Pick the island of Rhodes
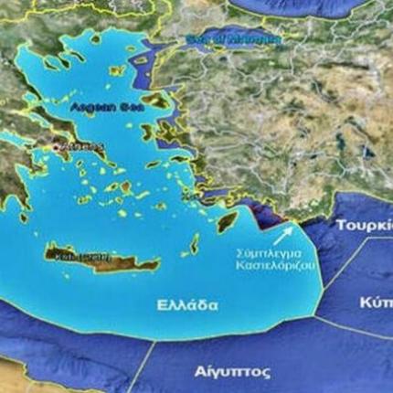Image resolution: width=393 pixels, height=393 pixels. click(x=224, y=217)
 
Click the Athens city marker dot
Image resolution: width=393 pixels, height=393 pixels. click(x=58, y=145)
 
